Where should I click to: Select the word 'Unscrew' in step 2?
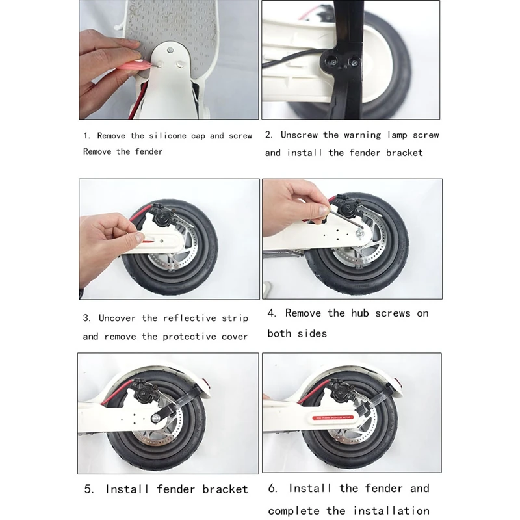(x=299, y=135)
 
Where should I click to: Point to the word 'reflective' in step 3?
(x=189, y=318)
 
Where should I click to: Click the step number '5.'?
(x=89, y=489)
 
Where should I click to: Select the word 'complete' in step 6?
(x=294, y=511)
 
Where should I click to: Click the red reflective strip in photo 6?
(x=333, y=417)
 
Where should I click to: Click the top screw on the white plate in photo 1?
(x=170, y=51)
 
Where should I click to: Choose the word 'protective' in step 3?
(x=189, y=337)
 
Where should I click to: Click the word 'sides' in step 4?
(x=312, y=333)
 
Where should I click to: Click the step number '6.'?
(x=272, y=488)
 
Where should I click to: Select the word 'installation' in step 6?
(x=391, y=510)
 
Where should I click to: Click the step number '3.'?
(x=87, y=318)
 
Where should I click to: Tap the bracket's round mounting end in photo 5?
(x=155, y=418)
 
